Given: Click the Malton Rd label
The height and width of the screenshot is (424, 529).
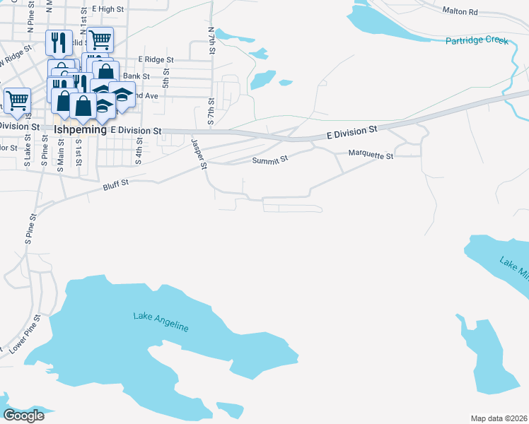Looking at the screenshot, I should (460, 11).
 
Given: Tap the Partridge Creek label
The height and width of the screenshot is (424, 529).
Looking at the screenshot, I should (477, 40).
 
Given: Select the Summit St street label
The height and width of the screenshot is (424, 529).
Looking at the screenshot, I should (270, 160).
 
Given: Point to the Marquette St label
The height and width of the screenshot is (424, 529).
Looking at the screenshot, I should (371, 155).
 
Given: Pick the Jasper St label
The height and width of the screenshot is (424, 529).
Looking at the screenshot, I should (199, 153).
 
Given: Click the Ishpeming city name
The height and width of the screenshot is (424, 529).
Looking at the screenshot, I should (80, 131).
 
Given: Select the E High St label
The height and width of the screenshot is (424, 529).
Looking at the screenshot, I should (108, 9).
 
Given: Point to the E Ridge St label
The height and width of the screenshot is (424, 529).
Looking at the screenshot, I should (156, 59).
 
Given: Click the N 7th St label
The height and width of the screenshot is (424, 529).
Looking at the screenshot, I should (211, 41).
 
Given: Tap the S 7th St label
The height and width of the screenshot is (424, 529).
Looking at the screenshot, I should (211, 112).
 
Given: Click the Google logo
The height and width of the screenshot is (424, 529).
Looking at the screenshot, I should (23, 415).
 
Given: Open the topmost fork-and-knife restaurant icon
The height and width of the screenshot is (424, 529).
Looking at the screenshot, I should (58, 42).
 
